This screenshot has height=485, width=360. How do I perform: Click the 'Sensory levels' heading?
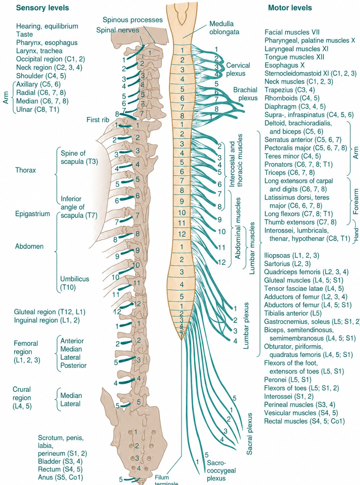(43, 8)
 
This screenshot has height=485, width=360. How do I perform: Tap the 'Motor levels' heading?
(290, 8)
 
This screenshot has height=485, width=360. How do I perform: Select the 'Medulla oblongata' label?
(224, 28)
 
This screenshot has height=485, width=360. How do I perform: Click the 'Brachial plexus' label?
(245, 94)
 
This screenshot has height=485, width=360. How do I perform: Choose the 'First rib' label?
(98, 120)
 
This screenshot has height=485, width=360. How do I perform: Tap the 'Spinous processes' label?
(133, 20)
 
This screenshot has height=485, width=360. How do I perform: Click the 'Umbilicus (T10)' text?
(75, 283)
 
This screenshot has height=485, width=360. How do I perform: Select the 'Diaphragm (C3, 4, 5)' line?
(295, 106)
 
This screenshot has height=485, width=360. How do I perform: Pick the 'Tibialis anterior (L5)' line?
(293, 313)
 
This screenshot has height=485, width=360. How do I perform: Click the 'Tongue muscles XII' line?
(294, 57)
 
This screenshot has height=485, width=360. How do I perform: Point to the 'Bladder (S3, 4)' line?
(60, 461)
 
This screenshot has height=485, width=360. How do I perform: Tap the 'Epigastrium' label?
(33, 214)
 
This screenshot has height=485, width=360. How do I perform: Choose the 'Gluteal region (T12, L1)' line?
(50, 312)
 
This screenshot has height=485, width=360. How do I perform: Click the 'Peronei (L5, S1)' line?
(288, 380)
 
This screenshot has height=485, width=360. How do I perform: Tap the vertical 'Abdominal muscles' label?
(237, 228)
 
